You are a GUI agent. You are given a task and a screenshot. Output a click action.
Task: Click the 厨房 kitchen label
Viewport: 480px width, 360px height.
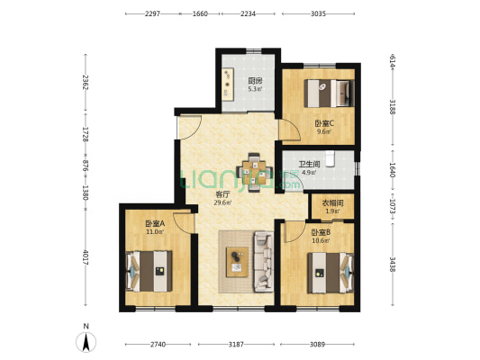point(255,81)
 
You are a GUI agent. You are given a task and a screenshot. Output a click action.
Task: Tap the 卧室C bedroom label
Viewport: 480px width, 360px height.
point(324,123)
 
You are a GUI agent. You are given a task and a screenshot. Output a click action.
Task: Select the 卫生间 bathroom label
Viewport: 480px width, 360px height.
point(309,165)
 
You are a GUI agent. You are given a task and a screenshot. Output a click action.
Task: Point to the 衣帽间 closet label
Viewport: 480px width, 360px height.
point(332,203)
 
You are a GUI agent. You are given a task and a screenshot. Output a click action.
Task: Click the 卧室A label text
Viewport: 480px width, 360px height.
point(155,224)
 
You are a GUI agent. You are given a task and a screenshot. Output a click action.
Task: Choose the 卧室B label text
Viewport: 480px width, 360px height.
point(321,233)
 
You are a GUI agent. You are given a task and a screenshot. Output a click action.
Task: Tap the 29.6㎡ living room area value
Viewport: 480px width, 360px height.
point(222,202)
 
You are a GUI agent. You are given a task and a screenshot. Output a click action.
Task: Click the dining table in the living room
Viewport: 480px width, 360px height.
point(255,172)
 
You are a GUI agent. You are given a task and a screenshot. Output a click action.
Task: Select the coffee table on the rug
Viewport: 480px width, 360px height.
point(237,262)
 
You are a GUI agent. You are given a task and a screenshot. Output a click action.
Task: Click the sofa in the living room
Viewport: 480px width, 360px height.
point(264,262)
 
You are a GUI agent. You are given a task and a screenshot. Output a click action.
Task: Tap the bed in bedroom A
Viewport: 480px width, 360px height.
point(149,271)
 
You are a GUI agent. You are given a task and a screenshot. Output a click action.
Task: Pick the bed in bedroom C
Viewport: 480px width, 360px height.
point(329,94)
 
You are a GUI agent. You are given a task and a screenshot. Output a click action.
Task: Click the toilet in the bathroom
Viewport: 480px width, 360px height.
point(330,158)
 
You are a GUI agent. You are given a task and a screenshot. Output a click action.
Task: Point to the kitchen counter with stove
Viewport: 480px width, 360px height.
point(228,84)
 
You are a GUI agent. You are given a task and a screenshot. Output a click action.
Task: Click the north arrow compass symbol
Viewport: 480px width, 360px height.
point(86,342)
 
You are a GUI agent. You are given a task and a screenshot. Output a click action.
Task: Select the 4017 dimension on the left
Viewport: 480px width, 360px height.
point(86,257)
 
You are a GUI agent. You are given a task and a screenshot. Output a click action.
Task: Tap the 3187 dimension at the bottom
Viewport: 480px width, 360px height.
point(236,345)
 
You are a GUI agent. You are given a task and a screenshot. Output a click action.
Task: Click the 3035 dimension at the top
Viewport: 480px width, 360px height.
point(318,13)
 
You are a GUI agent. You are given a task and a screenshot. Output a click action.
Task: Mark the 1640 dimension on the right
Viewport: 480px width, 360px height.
point(393,169)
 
